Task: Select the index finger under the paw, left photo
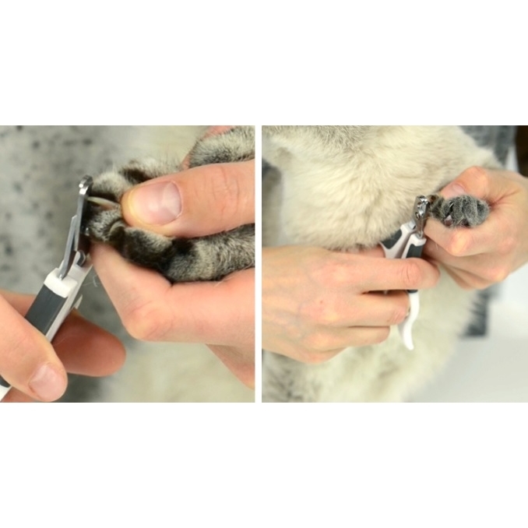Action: click(x=171, y=312)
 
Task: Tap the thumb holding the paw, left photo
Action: click(x=187, y=195)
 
